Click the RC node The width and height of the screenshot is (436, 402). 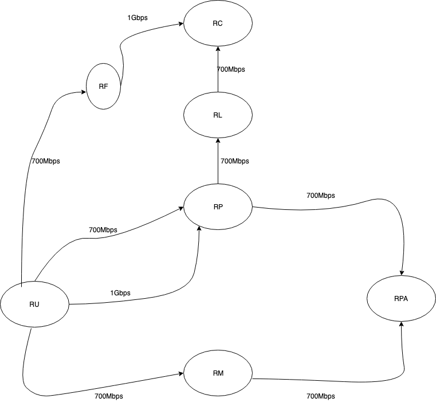(x=218, y=24)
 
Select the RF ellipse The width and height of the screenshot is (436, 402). (x=104, y=87)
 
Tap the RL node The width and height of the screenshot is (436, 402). (x=218, y=115)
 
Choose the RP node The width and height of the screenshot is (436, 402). (x=218, y=207)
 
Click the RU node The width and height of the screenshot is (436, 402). (x=34, y=304)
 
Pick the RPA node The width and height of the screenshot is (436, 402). (x=401, y=299)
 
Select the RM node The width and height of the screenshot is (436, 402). (x=218, y=373)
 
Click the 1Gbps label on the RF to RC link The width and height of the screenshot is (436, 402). (x=138, y=18)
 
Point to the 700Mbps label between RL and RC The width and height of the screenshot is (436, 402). (x=231, y=69)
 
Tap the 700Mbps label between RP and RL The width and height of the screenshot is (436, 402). (x=235, y=161)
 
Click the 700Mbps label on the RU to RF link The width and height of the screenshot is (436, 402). (x=46, y=161)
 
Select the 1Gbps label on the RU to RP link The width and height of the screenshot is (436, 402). (x=120, y=293)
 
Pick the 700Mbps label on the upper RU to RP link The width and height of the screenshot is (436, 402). (x=103, y=230)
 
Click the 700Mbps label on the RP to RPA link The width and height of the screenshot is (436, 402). (x=321, y=196)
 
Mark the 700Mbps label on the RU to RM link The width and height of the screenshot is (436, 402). (x=109, y=396)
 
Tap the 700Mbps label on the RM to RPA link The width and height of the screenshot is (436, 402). (x=321, y=396)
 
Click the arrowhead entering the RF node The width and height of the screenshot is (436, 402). (x=83, y=92)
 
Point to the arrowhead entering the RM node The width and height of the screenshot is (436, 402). (x=180, y=374)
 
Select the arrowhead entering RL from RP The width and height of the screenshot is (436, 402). (x=218, y=141)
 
